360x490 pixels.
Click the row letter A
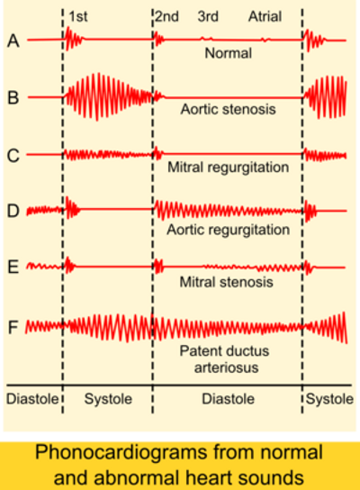pyautogui.click(x=13, y=41)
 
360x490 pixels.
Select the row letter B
pyautogui.click(x=13, y=97)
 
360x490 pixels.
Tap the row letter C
pyautogui.click(x=13, y=155)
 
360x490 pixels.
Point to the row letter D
pyautogui.click(x=13, y=211)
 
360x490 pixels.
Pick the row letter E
pyautogui.click(x=13, y=268)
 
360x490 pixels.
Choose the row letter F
pyautogui.click(x=13, y=327)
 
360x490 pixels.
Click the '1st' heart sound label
pyautogui.click(x=78, y=16)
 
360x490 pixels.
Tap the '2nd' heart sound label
pyautogui.click(x=167, y=16)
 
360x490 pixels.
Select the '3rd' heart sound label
pyautogui.click(x=208, y=16)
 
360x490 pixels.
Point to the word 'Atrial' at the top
pyautogui.click(x=265, y=16)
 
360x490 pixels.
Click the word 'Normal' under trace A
pyautogui.click(x=229, y=53)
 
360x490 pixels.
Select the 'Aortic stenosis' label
pyautogui.click(x=229, y=109)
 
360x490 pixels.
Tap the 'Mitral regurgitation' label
pyautogui.click(x=229, y=168)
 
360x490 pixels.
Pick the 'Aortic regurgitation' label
pyautogui.click(x=229, y=230)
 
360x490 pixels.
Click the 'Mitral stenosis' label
pyautogui.click(x=227, y=282)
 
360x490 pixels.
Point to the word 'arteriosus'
pyautogui.click(x=227, y=367)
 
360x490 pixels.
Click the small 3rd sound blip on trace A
pyautogui.click(x=207, y=39)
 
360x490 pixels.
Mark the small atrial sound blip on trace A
pyautogui.click(x=265, y=40)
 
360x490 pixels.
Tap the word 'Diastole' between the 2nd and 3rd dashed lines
pyautogui.click(x=229, y=399)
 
